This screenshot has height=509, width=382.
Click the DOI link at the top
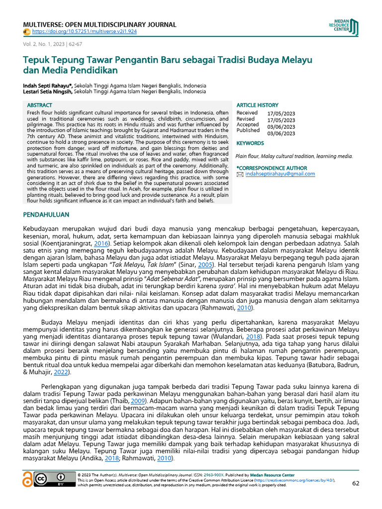pyautogui.click(x=84, y=31)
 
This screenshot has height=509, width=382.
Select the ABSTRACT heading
pyautogui.click(x=39, y=105)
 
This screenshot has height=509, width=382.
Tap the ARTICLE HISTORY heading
pyautogui.click(x=257, y=105)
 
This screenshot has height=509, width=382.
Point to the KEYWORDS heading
pyautogui.click(x=250, y=143)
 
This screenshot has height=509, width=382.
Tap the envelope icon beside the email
pyautogui.click(x=240, y=174)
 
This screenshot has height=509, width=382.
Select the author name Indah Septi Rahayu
pyautogui.click(x=47, y=85)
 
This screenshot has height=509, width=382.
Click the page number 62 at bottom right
pyautogui.click(x=355, y=483)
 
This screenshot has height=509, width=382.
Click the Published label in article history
pyautogui.click(x=248, y=130)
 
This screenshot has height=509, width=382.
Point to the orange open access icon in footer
pyautogui.click(x=28, y=479)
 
